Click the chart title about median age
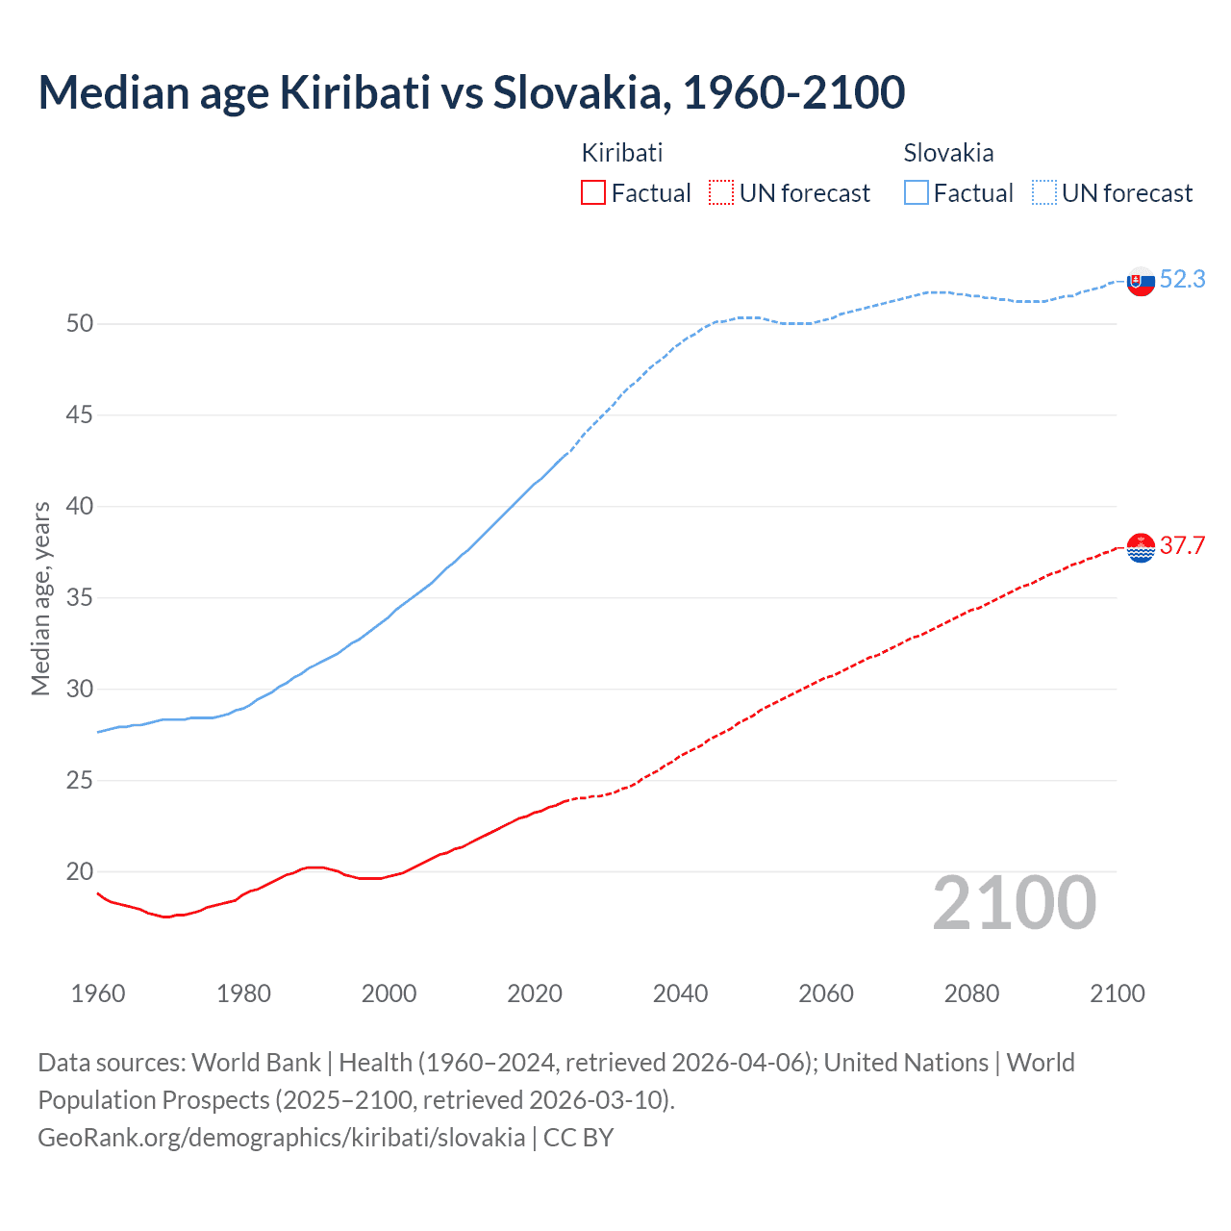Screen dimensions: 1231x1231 (471, 92)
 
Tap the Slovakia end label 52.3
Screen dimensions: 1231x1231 (1182, 279)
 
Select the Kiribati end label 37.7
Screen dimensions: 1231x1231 (1182, 545)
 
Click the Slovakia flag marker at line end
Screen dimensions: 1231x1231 (1141, 282)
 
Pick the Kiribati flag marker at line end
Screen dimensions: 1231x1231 (1141, 547)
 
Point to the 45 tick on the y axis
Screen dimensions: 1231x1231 (80, 415)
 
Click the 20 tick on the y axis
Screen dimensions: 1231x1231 (80, 872)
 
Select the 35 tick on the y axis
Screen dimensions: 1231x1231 (80, 598)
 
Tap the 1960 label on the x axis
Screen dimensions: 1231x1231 (98, 993)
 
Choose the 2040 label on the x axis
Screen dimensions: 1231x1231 (680, 993)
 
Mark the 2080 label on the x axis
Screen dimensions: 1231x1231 (971, 993)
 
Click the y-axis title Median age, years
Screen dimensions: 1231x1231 (40, 598)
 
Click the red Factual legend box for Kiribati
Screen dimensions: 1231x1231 (593, 192)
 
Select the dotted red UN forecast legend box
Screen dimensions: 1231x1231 (721, 192)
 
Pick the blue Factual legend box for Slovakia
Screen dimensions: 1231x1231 (917, 192)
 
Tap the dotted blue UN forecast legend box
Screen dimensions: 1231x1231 (1044, 192)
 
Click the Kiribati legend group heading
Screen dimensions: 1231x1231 (622, 153)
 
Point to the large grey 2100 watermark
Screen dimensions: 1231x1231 (1014, 903)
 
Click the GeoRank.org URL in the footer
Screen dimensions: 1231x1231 (281, 1138)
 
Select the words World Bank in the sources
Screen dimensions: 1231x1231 (256, 1063)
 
